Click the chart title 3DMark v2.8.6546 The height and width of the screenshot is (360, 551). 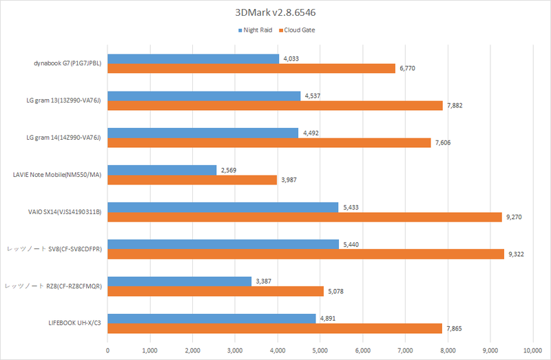275,12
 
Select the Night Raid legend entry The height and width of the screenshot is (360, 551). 257,30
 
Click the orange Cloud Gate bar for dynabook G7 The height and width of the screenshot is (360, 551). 251,68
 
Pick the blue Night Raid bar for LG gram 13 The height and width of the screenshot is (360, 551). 204,96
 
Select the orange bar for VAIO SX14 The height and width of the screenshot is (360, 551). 304,217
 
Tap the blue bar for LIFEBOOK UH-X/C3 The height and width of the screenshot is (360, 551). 211,319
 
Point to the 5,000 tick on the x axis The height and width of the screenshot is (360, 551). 320,350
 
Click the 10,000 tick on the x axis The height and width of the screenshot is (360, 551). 532,350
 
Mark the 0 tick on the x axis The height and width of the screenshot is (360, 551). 108,350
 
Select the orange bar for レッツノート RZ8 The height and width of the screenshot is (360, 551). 216,291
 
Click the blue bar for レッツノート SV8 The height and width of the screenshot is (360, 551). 223,244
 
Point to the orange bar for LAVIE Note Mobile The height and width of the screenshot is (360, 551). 192,180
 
